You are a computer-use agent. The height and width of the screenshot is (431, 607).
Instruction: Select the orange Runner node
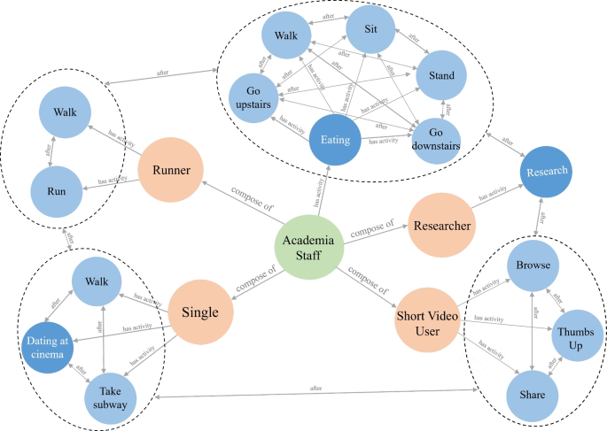(171, 168)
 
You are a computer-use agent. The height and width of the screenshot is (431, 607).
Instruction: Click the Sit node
(371, 29)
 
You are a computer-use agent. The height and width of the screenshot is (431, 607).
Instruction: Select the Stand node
(440, 76)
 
